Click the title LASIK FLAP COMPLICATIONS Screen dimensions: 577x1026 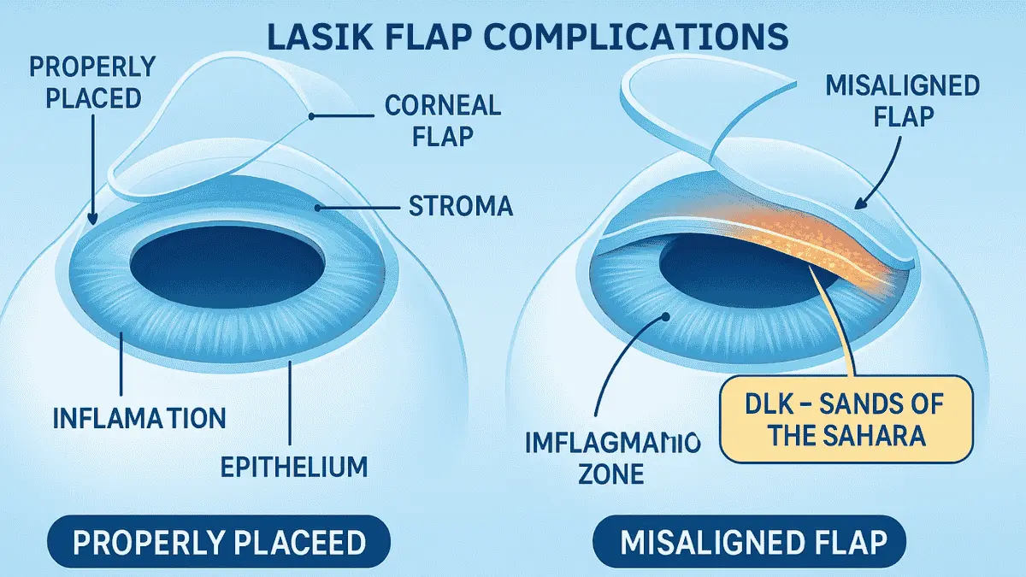pyautogui.click(x=513, y=38)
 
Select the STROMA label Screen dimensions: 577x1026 pyautogui.click(x=461, y=206)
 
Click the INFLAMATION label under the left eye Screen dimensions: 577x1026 pyautogui.click(x=139, y=418)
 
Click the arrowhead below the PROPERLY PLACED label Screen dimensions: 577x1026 pyautogui.click(x=91, y=221)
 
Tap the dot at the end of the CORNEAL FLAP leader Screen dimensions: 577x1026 pyautogui.click(x=314, y=116)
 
